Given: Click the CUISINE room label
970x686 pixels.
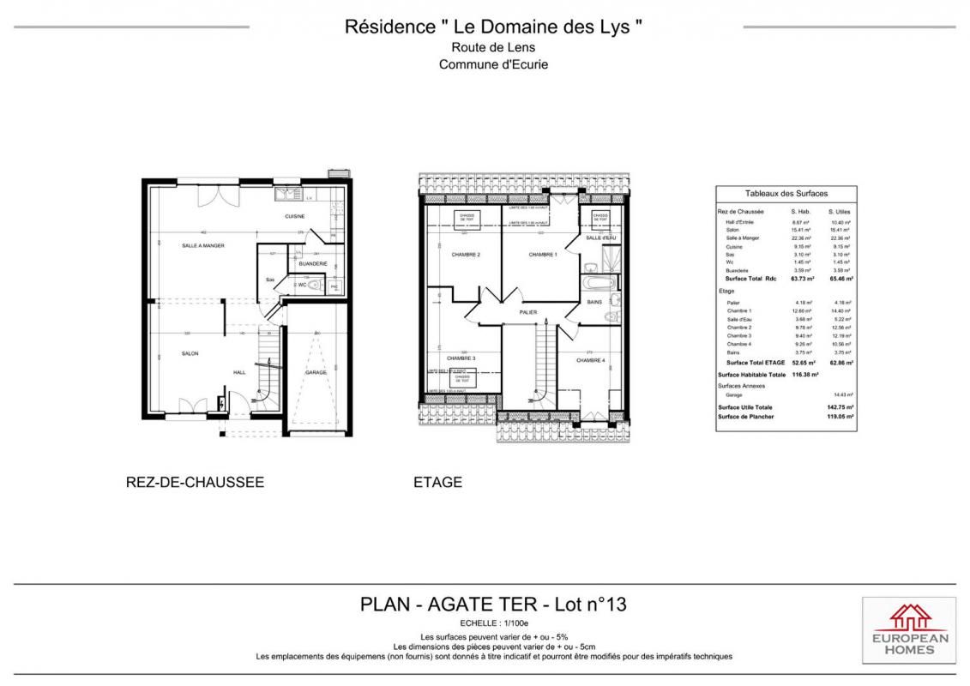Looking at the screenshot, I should [295, 216].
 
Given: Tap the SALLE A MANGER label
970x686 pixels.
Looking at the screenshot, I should [203, 245].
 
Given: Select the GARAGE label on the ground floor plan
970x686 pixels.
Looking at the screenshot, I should [316, 372].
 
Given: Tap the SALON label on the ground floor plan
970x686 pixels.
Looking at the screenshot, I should [190, 353].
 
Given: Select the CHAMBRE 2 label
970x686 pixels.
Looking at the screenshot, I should [466, 255].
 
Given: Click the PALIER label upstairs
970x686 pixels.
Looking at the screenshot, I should [527, 312].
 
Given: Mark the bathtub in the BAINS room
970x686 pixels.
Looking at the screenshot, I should [597, 282].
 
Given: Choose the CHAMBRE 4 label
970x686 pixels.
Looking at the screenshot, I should [590, 360].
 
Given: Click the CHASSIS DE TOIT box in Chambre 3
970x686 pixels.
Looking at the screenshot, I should [462, 377].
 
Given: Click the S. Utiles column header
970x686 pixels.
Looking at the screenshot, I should [838, 211].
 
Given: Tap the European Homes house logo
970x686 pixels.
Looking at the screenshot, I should [910, 617].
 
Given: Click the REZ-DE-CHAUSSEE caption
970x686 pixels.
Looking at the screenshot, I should [195, 482].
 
